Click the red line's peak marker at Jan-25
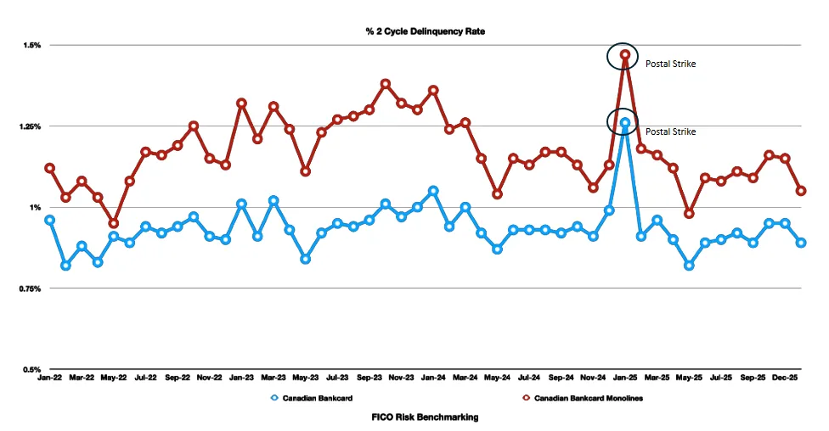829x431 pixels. [x=625, y=55]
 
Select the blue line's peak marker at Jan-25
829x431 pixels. [x=625, y=123]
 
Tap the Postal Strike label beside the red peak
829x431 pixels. [x=670, y=64]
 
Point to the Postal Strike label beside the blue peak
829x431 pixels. [x=670, y=132]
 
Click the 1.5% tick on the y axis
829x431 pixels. [x=31, y=45]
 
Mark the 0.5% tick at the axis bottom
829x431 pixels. [x=31, y=370]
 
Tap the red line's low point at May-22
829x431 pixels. [x=114, y=224]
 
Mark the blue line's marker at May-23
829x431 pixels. [x=306, y=259]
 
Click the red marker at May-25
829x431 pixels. [x=689, y=214]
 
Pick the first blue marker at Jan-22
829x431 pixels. [x=50, y=220]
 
